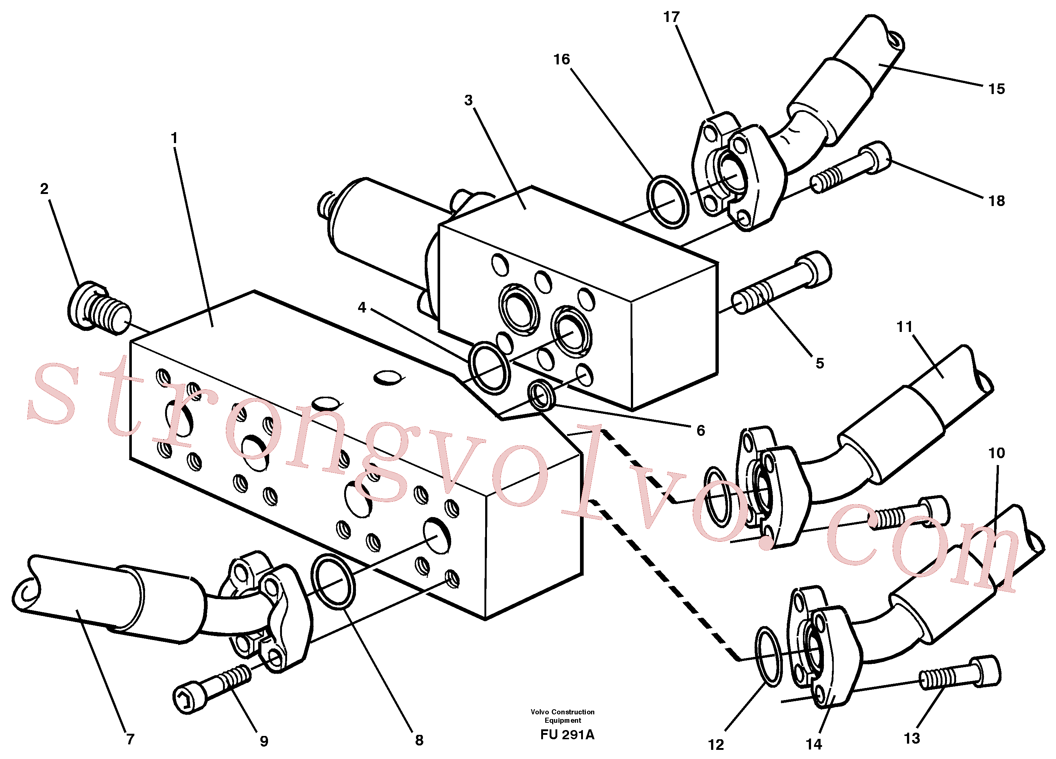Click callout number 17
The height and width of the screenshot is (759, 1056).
[672, 17]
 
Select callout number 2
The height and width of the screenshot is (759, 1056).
[44, 188]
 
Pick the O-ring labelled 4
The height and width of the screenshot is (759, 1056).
[489, 368]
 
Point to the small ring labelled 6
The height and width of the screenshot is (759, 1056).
[542, 395]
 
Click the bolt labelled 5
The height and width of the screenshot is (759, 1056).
[782, 283]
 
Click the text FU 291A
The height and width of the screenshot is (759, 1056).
[567, 735]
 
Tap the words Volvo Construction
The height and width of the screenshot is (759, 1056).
[562, 712]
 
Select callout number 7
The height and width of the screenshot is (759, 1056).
[130, 739]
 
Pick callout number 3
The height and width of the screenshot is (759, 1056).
[468, 100]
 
